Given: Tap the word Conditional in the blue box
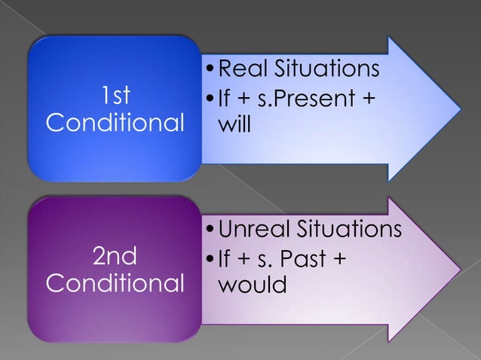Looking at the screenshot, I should coord(115,122).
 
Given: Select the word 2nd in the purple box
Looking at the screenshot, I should coord(115,258).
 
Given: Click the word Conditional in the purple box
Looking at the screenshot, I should coord(115,285).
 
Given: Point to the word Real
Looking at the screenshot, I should coord(242,70).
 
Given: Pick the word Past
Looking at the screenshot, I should coord(305,259).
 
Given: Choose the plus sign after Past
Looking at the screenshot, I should coord(339,259).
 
